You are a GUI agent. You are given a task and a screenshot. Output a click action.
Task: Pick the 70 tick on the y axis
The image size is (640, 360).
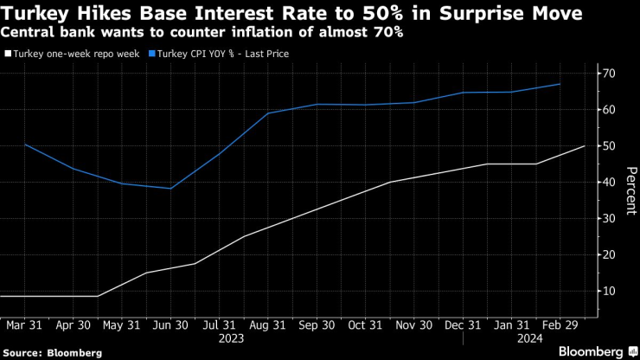[x=610, y=74]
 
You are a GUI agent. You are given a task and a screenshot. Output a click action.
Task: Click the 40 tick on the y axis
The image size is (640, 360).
[x=610, y=183]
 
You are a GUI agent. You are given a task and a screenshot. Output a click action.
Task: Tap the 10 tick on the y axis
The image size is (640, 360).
[x=610, y=292]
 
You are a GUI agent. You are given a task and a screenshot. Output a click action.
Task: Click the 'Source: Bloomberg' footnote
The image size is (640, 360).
[x=52, y=352]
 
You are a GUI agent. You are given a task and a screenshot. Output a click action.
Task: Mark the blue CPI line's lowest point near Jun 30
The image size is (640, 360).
[x=171, y=189]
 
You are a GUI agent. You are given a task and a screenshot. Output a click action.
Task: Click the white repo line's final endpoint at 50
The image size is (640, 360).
[x=585, y=146]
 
